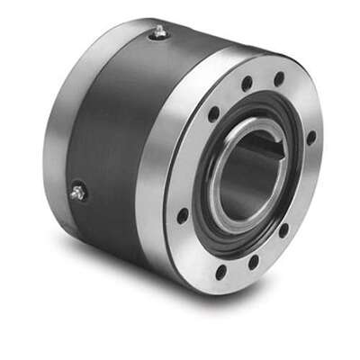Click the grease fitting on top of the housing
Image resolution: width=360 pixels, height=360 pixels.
point(159,32)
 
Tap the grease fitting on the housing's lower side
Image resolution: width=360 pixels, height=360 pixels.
point(78,191)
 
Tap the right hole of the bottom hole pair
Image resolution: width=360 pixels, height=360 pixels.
point(253,262)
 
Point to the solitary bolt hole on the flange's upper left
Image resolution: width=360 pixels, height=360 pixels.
point(213,114)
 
